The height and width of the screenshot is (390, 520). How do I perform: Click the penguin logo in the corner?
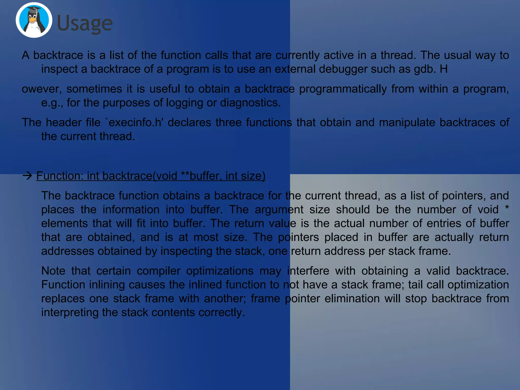[34, 20]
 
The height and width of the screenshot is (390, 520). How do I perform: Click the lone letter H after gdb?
[444, 69]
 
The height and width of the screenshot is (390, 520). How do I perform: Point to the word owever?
[42, 89]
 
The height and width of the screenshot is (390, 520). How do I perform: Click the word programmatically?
[343, 89]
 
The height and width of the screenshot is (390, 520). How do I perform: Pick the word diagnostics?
[250, 103]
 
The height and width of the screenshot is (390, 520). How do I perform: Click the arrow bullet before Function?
[27, 176]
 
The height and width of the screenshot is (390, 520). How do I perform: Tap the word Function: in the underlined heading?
[60, 176]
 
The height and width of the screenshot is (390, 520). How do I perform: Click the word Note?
[53, 271]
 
